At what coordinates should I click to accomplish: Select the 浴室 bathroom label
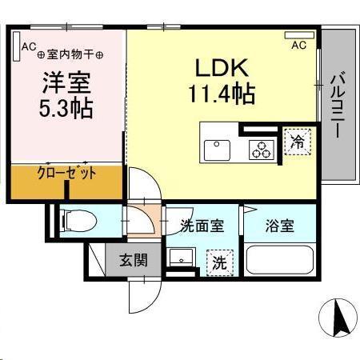tap(280, 225)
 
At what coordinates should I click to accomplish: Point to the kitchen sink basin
tap(217, 148)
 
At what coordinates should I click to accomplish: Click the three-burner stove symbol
tap(260, 147)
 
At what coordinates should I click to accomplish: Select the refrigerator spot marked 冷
tap(297, 142)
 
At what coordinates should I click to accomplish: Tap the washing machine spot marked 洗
tap(217, 260)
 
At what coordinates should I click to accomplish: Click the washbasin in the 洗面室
tap(182, 258)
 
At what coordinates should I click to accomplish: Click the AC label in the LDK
tap(298, 45)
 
